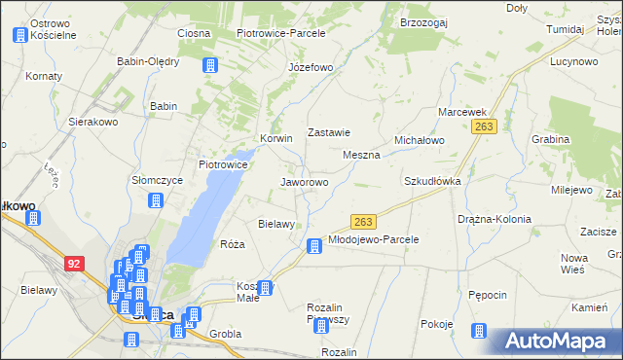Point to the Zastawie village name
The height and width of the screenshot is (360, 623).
pos(328,132)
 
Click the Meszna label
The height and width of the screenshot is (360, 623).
pos(361,155)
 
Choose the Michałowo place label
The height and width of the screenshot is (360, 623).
pos(419,140)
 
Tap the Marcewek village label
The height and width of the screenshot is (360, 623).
pos(461,112)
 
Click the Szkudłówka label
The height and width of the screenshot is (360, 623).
pos(432,181)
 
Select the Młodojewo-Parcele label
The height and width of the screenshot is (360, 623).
pos(373,238)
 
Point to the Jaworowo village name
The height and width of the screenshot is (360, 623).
pos(304,182)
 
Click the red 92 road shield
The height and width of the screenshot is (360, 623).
pos(75,263)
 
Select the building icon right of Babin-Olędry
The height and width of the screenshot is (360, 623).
pos(208,65)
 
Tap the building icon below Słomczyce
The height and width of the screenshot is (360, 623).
pos(154,201)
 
